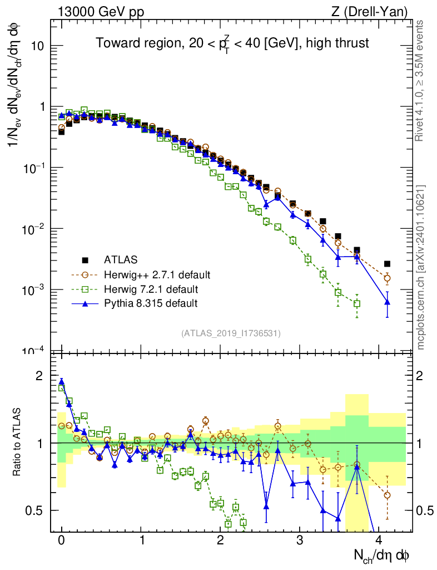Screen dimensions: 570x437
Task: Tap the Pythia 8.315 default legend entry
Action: click(x=151, y=303)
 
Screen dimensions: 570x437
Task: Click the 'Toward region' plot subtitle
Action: click(x=232, y=43)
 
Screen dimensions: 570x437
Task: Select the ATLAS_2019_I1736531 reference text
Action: click(x=231, y=333)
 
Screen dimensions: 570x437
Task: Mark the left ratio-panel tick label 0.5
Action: click(x=35, y=510)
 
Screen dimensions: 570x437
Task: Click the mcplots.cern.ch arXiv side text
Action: click(x=421, y=267)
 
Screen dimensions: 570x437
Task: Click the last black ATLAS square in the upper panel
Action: click(x=388, y=264)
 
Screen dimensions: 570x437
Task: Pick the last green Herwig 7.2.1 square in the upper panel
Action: click(x=357, y=303)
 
